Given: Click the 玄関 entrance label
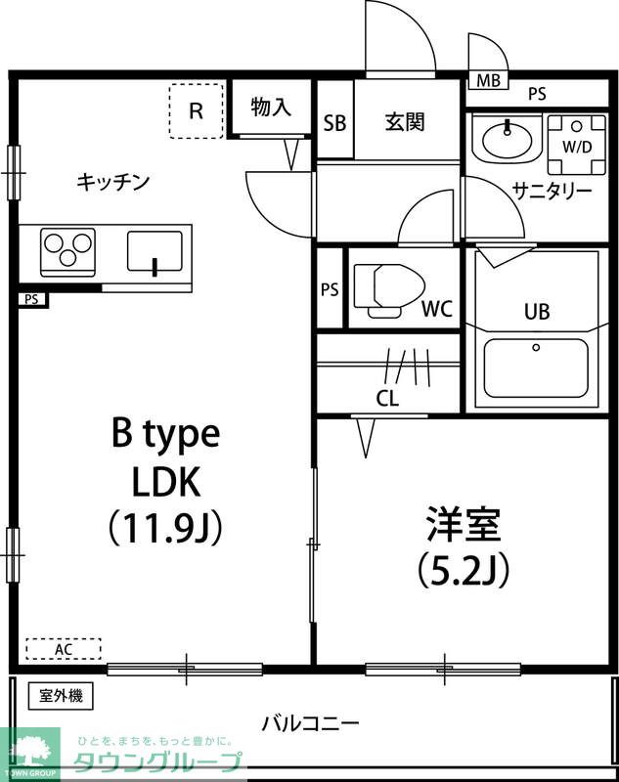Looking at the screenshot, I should click(404, 122).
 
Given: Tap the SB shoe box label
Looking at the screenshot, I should click(334, 122).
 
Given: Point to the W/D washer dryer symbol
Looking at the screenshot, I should click(574, 138).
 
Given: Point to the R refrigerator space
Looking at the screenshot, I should click(196, 109).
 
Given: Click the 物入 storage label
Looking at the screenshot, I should click(271, 108).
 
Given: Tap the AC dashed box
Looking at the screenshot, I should click(63, 649).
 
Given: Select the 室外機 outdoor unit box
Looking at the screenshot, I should click(61, 696).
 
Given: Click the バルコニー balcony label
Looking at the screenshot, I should click(310, 724).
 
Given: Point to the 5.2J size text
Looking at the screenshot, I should click(462, 568).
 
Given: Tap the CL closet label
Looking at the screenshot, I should click(387, 398).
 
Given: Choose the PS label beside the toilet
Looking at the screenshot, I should click(330, 289).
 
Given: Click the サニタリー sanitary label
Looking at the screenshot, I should click(553, 191).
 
